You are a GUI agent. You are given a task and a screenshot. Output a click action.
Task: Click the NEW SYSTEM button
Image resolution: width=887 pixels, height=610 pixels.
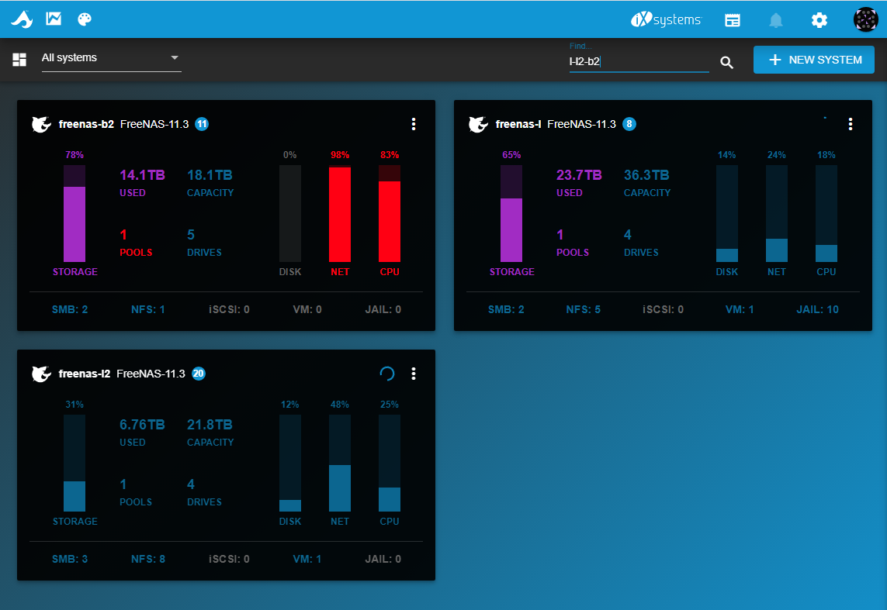pos(813,60)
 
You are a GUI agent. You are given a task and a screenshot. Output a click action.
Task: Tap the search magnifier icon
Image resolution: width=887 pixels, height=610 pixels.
pos(727,62)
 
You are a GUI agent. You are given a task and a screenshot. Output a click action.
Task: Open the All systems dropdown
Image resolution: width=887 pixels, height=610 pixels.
pos(112,57)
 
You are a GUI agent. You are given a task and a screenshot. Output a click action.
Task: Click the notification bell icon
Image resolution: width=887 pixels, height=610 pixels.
pos(775,20)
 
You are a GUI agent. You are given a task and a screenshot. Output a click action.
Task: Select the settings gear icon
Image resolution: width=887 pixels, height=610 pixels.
pos(819,20)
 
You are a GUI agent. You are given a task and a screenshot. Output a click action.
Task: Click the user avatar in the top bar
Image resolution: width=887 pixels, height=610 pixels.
pos(865,20)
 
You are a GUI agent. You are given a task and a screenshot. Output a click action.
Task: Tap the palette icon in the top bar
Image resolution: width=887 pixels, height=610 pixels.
pos(85,19)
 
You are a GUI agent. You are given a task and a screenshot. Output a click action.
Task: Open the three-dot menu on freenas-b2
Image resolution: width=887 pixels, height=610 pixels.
pos(414,124)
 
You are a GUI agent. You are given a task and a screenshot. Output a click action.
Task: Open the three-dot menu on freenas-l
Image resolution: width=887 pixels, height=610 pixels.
pos(851,124)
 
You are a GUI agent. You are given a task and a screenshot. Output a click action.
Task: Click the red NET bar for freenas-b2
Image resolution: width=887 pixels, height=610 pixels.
pos(339,214)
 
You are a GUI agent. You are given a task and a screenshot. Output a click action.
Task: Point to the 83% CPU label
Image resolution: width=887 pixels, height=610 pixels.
pos(390,155)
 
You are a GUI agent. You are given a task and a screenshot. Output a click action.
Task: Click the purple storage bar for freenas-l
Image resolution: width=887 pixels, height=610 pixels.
pos(511,230)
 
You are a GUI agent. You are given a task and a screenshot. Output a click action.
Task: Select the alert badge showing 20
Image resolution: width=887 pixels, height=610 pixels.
pos(199,374)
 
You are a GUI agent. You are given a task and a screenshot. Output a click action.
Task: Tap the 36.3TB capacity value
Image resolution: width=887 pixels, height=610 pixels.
pos(646,175)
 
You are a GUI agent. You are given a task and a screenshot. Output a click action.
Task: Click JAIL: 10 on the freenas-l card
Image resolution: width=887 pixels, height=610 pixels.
pos(817,309)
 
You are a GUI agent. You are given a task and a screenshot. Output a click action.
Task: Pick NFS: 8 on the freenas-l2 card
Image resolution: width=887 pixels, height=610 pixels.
pos(148,559)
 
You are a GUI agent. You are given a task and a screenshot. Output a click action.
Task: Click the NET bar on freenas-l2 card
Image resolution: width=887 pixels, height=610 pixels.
pos(339,488)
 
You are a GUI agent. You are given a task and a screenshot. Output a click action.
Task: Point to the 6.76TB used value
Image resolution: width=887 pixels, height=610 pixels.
pos(142,425)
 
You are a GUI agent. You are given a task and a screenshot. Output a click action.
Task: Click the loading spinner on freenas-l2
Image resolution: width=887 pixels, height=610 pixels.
pos(387,374)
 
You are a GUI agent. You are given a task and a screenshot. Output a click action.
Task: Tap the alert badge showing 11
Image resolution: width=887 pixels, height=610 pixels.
pos(202,124)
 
